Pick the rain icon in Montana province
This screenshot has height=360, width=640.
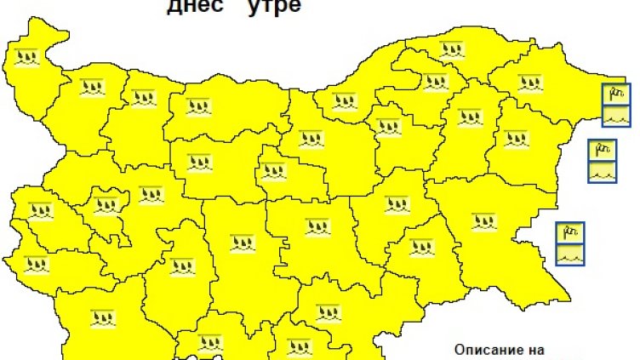click(x=90, y=86)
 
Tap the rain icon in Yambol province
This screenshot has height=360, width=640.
click(x=421, y=248)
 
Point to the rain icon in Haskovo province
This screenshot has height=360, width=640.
click(x=328, y=312)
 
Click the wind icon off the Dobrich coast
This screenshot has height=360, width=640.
click(x=616, y=92)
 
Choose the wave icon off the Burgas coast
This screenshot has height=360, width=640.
click(x=569, y=253)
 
